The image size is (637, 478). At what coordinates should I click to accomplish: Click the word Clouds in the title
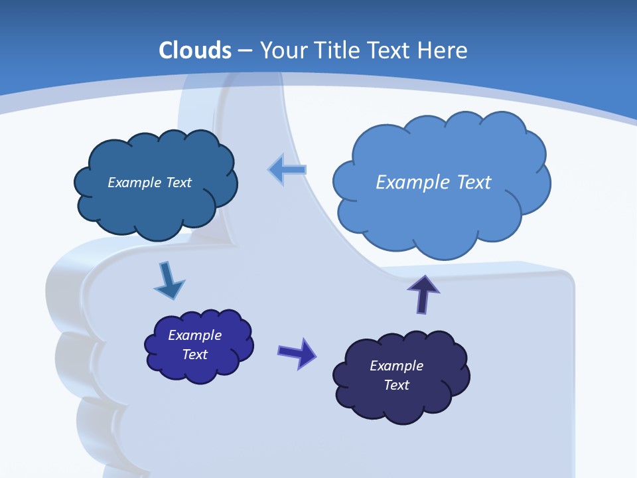click(x=195, y=50)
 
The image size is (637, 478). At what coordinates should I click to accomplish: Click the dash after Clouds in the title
click(x=244, y=51)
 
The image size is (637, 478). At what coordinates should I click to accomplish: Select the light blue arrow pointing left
click(x=287, y=169)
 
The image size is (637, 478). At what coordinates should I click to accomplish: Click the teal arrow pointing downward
click(x=169, y=280)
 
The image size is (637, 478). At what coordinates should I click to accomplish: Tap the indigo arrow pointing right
click(x=297, y=353)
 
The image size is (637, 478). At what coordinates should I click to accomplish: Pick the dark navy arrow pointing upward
click(x=423, y=293)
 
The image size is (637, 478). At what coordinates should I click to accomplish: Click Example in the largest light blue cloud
click(x=412, y=182)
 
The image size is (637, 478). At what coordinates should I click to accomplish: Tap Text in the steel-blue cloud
click(x=178, y=183)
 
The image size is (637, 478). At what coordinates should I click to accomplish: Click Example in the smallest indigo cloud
click(x=194, y=335)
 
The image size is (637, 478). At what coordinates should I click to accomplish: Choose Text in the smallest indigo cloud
click(x=194, y=355)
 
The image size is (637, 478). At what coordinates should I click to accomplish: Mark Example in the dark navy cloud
click(x=396, y=366)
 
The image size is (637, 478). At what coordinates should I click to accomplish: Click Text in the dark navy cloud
click(x=396, y=385)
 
